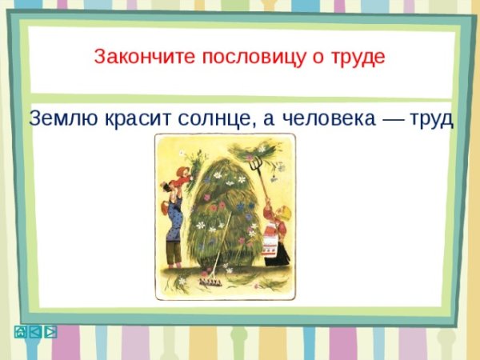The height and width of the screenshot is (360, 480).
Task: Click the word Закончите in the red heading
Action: click(131, 57)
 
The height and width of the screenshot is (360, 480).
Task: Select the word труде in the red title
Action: click(358, 57)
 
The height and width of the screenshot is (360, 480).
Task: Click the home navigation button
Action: click(21, 331)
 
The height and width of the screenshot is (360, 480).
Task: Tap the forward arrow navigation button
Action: click(50, 331)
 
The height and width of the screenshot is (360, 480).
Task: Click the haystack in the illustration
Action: click(223, 216)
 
